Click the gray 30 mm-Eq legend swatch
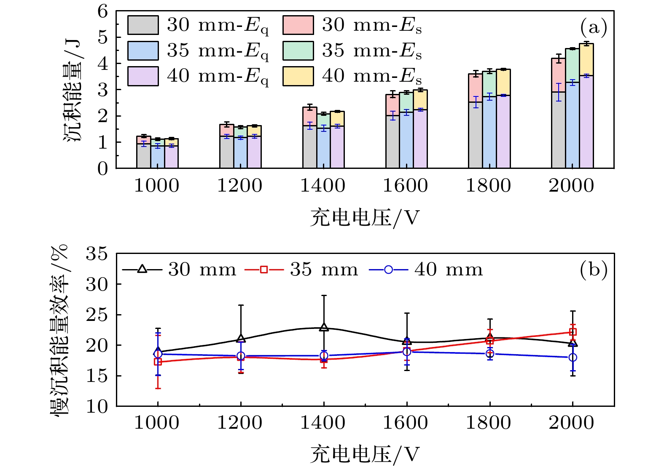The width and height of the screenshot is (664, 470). [x=143, y=25]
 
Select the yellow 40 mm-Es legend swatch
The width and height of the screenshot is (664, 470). [x=298, y=76]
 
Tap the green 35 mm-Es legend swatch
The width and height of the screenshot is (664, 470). [x=298, y=51]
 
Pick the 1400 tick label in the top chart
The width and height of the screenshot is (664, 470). [x=323, y=186]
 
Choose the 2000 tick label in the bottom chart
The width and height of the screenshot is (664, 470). [x=571, y=423]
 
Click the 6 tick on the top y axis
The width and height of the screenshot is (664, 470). [x=102, y=11]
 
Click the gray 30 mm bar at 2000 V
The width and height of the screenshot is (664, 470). [x=558, y=131]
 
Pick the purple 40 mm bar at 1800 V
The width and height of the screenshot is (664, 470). [x=503, y=132]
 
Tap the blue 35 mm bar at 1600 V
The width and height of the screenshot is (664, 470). [x=406, y=141]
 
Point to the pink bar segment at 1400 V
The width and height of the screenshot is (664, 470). [x=310, y=117]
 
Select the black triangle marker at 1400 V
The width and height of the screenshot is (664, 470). [x=324, y=327]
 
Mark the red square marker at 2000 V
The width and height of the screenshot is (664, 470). [x=573, y=332]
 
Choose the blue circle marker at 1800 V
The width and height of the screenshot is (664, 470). [x=490, y=353]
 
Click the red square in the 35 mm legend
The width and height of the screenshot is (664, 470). [x=264, y=270]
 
